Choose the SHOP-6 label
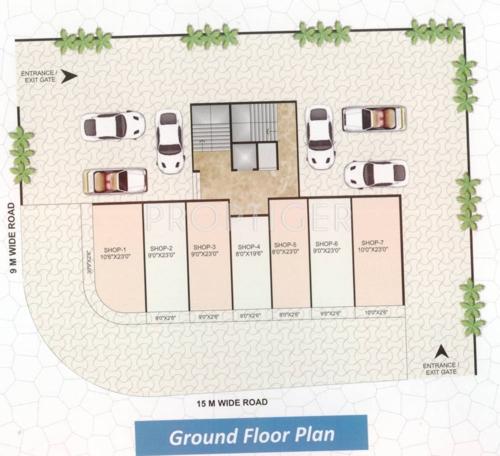coord(327,246)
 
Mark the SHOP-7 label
coord(372,246)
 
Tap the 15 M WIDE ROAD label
coord(231,404)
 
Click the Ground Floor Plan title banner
coord(251,436)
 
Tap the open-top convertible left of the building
coord(115,180)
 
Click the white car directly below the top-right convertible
coord(375,174)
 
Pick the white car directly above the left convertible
coord(113,126)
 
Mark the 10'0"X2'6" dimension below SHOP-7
coord(376,314)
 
